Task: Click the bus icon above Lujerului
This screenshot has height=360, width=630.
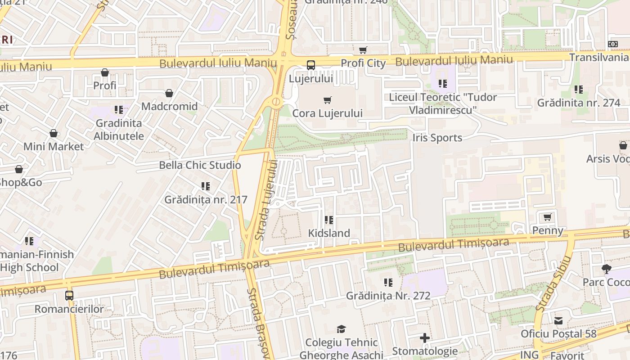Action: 310,65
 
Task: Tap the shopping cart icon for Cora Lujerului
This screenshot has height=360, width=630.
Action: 327,100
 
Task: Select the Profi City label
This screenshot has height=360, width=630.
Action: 363,63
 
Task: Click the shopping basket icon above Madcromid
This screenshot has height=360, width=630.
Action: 169,93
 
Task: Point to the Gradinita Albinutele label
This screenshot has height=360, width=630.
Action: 119,130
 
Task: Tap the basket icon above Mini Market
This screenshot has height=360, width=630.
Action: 54,134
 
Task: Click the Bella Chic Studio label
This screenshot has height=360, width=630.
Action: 200,165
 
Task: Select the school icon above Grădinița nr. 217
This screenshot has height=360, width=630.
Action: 206,186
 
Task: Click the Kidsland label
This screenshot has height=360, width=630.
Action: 329,233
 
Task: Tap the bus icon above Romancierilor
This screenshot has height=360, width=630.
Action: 69,296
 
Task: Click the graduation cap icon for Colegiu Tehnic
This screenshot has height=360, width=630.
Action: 341,329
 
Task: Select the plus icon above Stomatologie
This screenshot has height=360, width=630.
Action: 424,338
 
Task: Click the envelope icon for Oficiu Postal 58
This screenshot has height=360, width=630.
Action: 558,321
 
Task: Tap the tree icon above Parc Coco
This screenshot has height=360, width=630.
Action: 606,269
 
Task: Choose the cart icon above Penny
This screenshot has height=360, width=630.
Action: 548,217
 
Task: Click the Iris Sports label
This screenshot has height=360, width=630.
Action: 437,138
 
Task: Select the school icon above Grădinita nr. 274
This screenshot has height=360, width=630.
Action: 579,90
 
